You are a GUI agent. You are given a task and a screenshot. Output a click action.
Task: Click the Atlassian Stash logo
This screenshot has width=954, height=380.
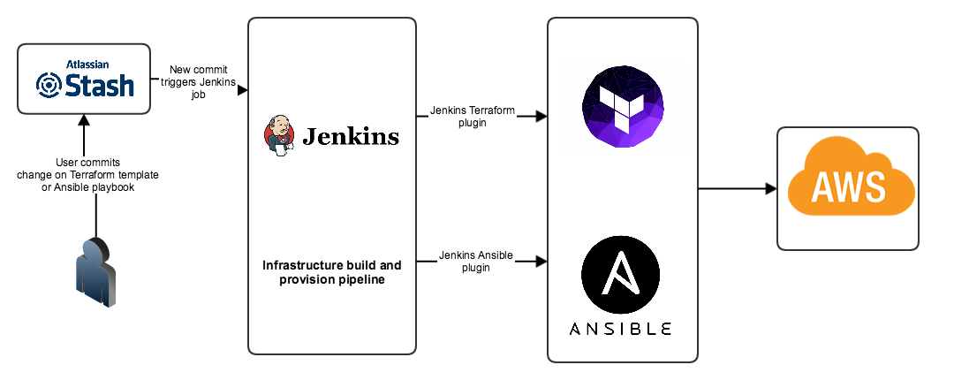(x=85, y=80)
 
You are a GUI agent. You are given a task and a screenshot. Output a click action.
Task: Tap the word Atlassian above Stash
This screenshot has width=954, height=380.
(x=87, y=64)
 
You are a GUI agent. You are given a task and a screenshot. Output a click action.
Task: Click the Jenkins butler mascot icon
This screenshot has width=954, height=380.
(x=279, y=137)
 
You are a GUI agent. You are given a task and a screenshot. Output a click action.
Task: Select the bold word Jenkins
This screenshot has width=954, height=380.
(x=351, y=137)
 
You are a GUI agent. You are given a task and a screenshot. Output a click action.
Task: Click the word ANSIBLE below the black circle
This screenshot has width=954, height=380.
(x=622, y=329)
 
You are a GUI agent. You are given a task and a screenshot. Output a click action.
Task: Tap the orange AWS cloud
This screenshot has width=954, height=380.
(x=847, y=186)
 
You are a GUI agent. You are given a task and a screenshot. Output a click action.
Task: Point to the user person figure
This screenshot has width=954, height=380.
(x=95, y=271)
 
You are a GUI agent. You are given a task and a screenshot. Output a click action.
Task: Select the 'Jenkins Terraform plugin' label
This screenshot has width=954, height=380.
(x=470, y=117)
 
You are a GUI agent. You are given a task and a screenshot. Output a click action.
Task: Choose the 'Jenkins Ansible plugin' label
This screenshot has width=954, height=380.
(x=476, y=262)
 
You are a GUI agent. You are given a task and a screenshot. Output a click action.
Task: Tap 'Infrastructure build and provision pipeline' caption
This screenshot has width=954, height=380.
(x=331, y=272)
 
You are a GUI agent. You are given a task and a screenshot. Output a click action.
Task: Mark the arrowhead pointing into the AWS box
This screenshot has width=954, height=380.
(x=769, y=188)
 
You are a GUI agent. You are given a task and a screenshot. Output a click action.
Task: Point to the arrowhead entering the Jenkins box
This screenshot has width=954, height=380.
(x=242, y=90)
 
